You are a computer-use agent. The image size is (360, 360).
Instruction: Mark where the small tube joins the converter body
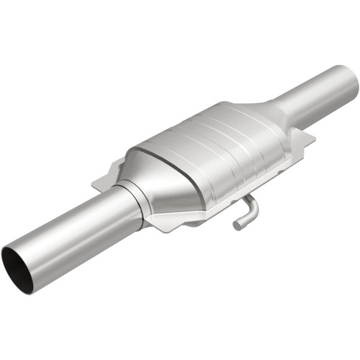pyautogui.click(x=245, y=196)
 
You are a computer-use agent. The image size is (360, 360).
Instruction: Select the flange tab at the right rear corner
pyautogui.click(x=305, y=137)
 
